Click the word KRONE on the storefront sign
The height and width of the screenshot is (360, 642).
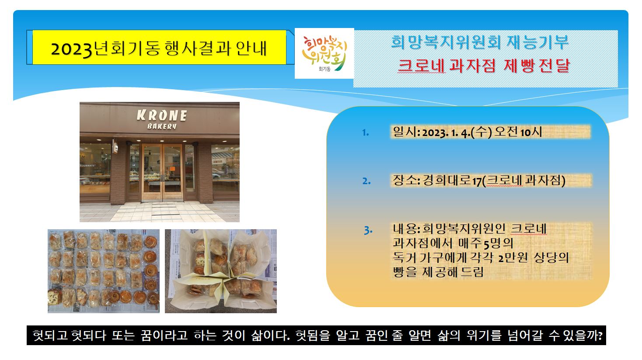pos(162,115)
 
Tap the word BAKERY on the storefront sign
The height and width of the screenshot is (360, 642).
pos(162,126)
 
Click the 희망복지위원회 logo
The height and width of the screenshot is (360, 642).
pos(324,53)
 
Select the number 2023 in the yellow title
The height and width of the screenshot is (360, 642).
pos(71,49)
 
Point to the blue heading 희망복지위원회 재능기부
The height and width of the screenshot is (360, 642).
pos(480,42)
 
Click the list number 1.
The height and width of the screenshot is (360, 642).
pos(365,133)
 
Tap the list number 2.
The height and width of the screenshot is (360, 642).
pos(366,181)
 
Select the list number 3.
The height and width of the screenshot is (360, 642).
pos(368,230)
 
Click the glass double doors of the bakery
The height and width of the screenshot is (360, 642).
pos(162,172)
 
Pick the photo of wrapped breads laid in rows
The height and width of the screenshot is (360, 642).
pos(104,271)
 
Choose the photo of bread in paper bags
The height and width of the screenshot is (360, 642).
pos(221,271)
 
